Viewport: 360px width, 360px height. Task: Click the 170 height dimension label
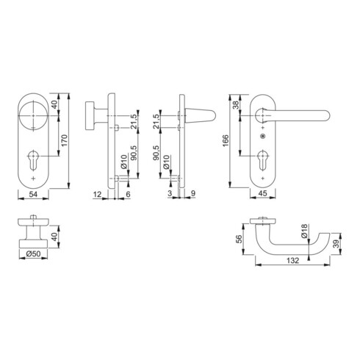point(64,140)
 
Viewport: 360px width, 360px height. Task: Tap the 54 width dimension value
point(33,194)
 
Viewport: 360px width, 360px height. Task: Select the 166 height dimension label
point(226,140)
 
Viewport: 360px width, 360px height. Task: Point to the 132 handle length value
point(292,260)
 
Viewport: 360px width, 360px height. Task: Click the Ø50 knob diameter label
point(33,253)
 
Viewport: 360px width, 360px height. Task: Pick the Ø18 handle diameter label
point(304,231)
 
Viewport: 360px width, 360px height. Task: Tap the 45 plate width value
point(262,193)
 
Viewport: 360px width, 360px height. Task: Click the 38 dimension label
point(236,105)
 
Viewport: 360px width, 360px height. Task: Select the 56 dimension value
point(239,239)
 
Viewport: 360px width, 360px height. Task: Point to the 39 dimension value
point(337,244)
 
